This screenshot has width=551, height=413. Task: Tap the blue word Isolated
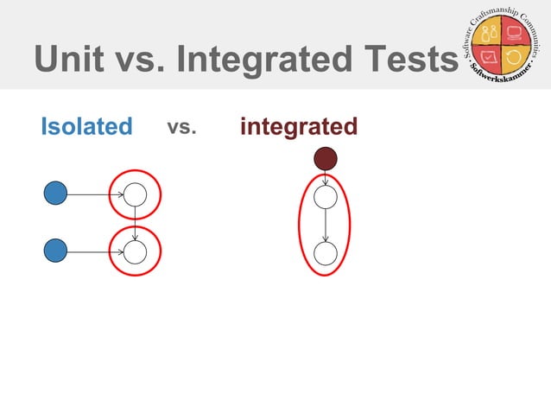86,127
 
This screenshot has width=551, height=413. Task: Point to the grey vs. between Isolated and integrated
181,127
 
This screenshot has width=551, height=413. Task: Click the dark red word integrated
299,127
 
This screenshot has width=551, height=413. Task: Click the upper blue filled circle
56,194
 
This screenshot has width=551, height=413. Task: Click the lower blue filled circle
56,251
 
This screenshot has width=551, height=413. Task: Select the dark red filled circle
325,158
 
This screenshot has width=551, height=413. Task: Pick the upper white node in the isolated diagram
135,194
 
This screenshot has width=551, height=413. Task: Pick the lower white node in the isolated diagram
135,251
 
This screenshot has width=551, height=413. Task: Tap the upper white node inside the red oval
325,197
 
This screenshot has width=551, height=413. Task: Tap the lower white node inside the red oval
325,253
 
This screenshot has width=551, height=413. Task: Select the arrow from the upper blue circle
95,194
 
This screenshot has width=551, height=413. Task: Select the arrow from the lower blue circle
95,251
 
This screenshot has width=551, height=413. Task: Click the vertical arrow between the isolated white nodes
135,223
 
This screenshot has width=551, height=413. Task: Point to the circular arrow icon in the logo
515,60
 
